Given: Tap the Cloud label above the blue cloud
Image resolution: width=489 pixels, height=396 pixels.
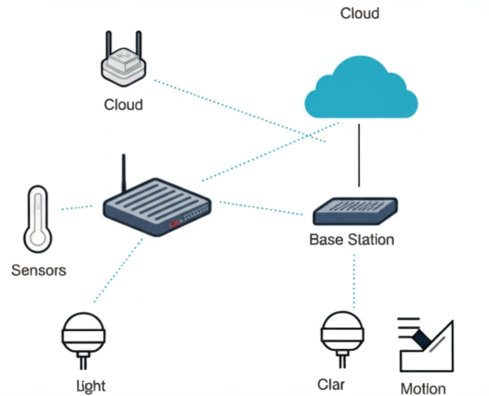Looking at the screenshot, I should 360,13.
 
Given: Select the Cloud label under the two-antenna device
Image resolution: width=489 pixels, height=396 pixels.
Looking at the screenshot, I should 123,104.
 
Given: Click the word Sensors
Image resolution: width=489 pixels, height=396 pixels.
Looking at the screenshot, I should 39,270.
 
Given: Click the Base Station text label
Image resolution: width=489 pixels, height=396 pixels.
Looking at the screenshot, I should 352,239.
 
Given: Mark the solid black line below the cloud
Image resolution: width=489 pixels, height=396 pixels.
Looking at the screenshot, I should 359,155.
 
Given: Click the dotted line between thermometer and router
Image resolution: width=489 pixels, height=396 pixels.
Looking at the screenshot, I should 77,208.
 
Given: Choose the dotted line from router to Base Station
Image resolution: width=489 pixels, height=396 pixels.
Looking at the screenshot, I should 261,208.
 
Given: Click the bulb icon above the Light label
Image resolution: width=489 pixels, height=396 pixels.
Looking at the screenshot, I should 83,336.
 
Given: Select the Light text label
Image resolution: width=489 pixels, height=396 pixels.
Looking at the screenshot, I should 91,386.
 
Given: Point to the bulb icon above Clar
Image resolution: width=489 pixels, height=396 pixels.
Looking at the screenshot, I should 342,336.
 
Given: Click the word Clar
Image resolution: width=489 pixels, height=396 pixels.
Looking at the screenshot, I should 331,385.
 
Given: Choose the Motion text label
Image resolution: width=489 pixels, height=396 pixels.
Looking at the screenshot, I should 423,388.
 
